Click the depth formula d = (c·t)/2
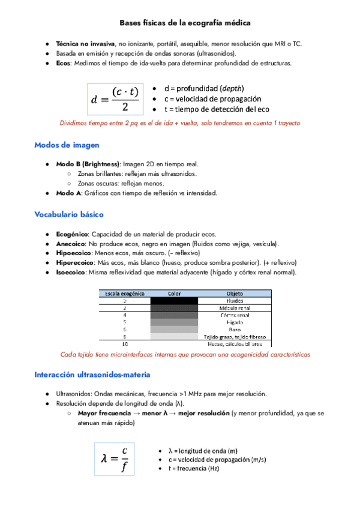115,99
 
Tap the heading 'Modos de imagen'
67,145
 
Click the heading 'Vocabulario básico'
69,214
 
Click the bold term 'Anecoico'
71,244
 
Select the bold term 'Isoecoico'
71,273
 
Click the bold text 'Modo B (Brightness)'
88,164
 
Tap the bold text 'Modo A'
68,193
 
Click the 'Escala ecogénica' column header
125,294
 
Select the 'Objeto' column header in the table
235,294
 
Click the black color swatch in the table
174,301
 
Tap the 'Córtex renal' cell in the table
235,315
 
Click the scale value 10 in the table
125,344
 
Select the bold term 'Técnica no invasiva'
85,44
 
